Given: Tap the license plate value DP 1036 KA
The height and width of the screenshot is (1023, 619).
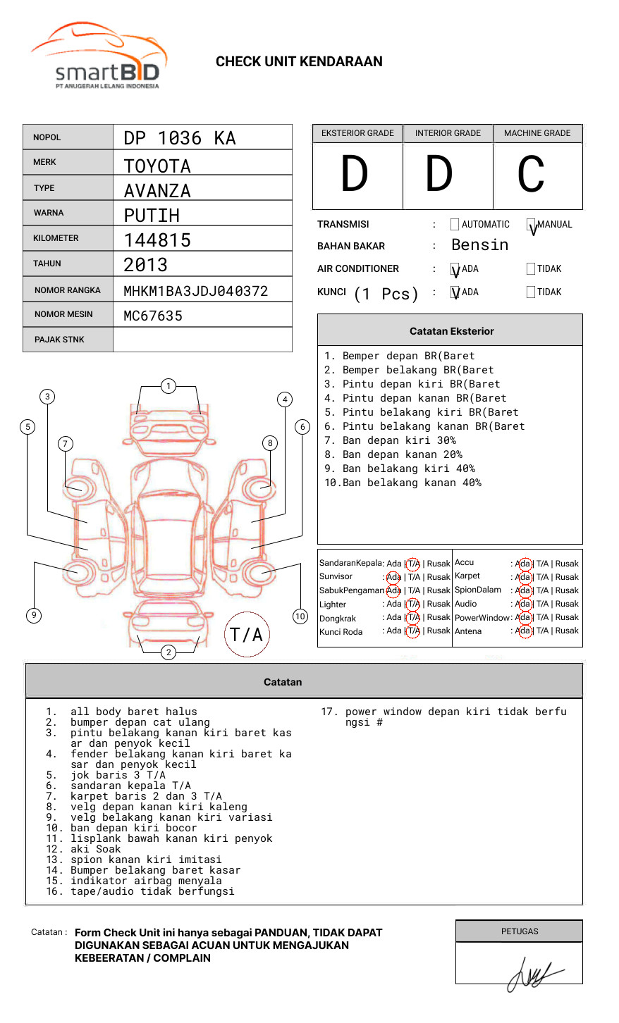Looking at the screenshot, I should tap(180, 138).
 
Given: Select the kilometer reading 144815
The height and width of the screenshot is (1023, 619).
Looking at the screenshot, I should tap(157, 240).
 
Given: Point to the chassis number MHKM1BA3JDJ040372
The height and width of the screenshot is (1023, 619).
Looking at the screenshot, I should tap(195, 291).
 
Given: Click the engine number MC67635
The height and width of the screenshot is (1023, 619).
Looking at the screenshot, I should tap(153, 316).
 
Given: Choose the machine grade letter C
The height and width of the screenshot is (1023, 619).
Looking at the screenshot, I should tap(531, 175).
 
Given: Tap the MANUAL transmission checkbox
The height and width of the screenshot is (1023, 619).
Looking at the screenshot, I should tap(531, 225).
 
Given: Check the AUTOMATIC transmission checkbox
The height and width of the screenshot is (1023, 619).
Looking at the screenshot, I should tap(455, 225).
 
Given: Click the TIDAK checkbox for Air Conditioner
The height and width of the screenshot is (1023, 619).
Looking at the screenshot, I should tap(531, 268).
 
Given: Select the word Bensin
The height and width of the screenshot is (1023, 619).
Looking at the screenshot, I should tap(479, 245).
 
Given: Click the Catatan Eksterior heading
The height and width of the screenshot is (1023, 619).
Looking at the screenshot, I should tap(451, 331).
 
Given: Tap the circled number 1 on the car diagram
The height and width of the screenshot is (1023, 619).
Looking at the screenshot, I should tap(168, 385).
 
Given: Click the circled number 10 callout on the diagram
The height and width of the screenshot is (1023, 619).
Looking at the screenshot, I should tap(300, 616).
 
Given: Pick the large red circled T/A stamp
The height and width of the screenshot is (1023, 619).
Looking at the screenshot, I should tap(247, 634).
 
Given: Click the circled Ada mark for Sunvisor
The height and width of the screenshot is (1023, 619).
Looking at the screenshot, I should tap(393, 577).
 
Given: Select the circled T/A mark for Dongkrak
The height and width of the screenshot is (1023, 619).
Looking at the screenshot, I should tap(413, 618).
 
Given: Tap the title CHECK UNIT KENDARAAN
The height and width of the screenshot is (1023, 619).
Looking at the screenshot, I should tap(299, 62).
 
